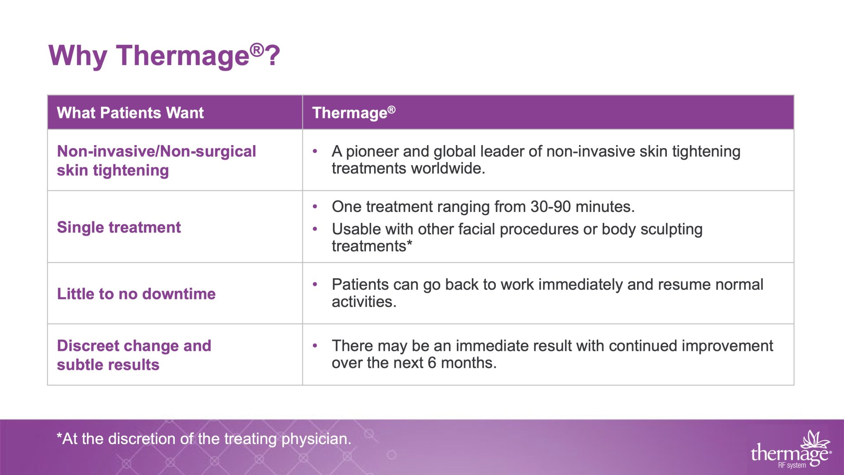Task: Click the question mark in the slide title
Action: pos(273,56)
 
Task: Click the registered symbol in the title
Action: pos(257,49)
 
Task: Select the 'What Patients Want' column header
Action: pos(130,113)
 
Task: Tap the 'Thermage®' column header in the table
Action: pos(354,113)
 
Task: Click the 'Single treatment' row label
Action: pos(119,228)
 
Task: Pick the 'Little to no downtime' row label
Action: pos(136,294)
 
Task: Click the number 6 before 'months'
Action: pos(431,363)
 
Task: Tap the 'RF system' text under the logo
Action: pos(792,466)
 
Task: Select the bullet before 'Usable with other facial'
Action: pos(315,229)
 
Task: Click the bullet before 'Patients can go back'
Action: pos(315,285)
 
